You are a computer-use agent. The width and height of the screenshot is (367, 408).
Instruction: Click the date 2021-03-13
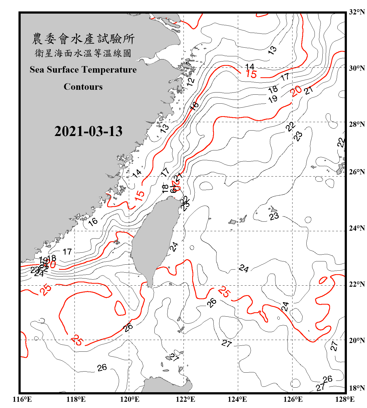coord(88,131)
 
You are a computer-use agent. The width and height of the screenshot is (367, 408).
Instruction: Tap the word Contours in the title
coord(83,86)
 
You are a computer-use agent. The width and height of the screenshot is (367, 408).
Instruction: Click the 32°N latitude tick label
coord(357,12)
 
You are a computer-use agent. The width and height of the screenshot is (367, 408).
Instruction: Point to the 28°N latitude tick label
coord(357,124)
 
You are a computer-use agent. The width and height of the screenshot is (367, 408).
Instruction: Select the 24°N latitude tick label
coord(357,228)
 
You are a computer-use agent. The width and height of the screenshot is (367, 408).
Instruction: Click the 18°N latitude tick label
coord(357,388)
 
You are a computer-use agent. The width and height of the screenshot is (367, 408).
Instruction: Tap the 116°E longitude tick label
coord(22,399)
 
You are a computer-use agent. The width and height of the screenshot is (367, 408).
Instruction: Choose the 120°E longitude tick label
coord(130,399)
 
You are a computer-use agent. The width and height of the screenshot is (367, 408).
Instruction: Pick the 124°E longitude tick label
coord(237,399)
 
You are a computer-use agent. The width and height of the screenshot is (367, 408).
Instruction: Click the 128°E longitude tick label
coord(345,399)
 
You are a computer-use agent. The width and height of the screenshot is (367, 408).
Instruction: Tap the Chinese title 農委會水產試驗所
coord(83,39)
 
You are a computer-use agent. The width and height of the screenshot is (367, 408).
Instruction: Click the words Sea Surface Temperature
coord(83,70)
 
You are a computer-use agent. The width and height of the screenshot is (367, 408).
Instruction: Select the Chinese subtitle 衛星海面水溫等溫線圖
coord(83,53)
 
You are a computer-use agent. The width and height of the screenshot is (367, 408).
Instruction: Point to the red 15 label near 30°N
coord(251,74)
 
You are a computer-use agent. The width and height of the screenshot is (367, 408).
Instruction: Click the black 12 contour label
coord(191,81)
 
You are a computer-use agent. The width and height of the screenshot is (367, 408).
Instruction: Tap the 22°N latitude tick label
coord(357,284)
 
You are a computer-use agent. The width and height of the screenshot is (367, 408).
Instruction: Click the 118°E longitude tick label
coord(76,399)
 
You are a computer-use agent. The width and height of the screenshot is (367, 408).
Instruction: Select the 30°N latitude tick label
coord(357,68)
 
